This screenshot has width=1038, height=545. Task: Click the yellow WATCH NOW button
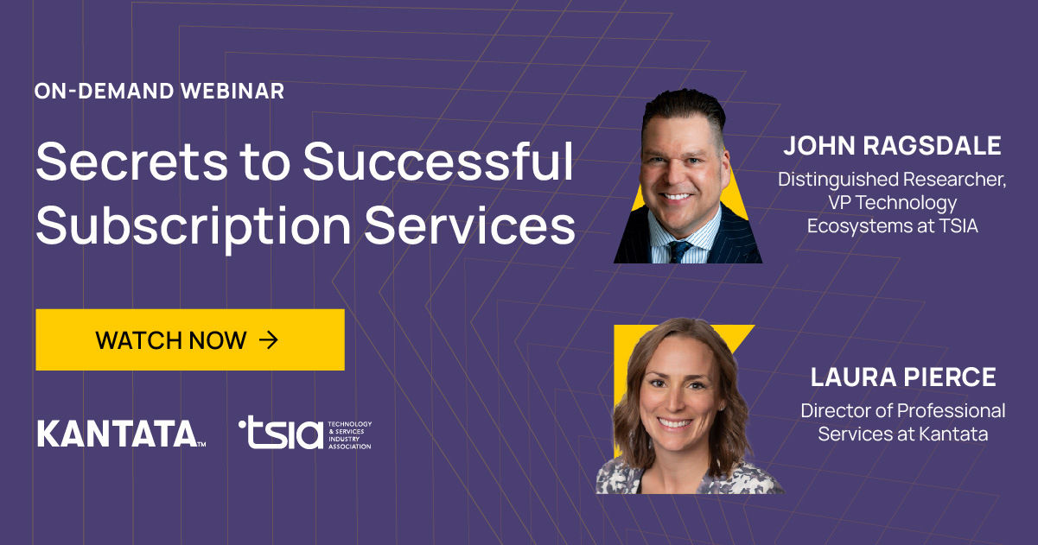click(x=190, y=339)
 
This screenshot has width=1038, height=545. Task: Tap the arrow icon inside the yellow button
click(x=269, y=339)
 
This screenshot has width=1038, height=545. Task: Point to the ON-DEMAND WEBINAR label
click(x=159, y=91)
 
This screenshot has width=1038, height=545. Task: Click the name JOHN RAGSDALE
click(x=892, y=145)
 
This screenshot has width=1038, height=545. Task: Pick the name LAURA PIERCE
click(x=903, y=377)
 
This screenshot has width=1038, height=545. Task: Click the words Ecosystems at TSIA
click(x=892, y=225)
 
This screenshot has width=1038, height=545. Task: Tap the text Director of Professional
click(x=903, y=410)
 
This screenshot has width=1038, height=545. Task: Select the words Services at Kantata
click(x=903, y=434)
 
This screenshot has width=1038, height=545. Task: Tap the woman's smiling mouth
click(x=676, y=423)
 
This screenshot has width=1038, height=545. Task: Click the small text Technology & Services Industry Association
click(x=349, y=435)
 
